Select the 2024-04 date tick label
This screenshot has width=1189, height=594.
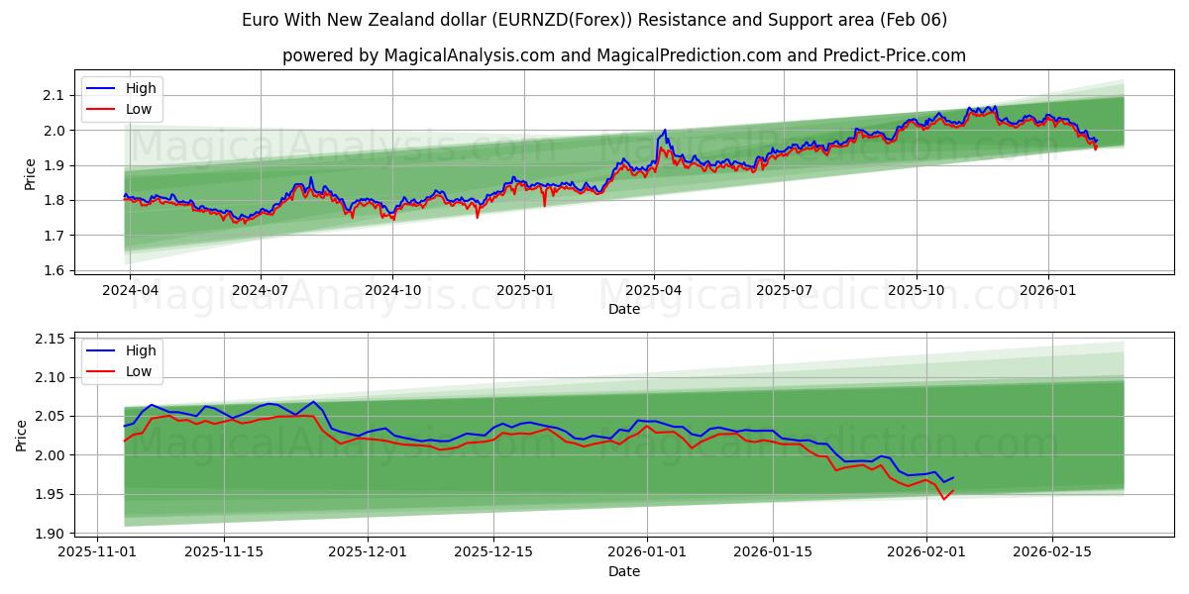[x=130, y=290]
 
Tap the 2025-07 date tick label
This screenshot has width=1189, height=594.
[x=784, y=290]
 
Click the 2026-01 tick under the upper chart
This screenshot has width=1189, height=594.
[x=1047, y=290]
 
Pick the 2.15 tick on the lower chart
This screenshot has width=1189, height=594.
[x=48, y=339]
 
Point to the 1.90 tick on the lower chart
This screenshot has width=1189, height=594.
[x=48, y=534]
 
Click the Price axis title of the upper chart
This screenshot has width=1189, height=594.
[x=30, y=172]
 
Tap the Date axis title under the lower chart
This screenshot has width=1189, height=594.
[x=624, y=571]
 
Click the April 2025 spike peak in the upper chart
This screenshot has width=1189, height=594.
[x=665, y=130]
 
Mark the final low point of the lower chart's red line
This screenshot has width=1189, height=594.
[x=943, y=499]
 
